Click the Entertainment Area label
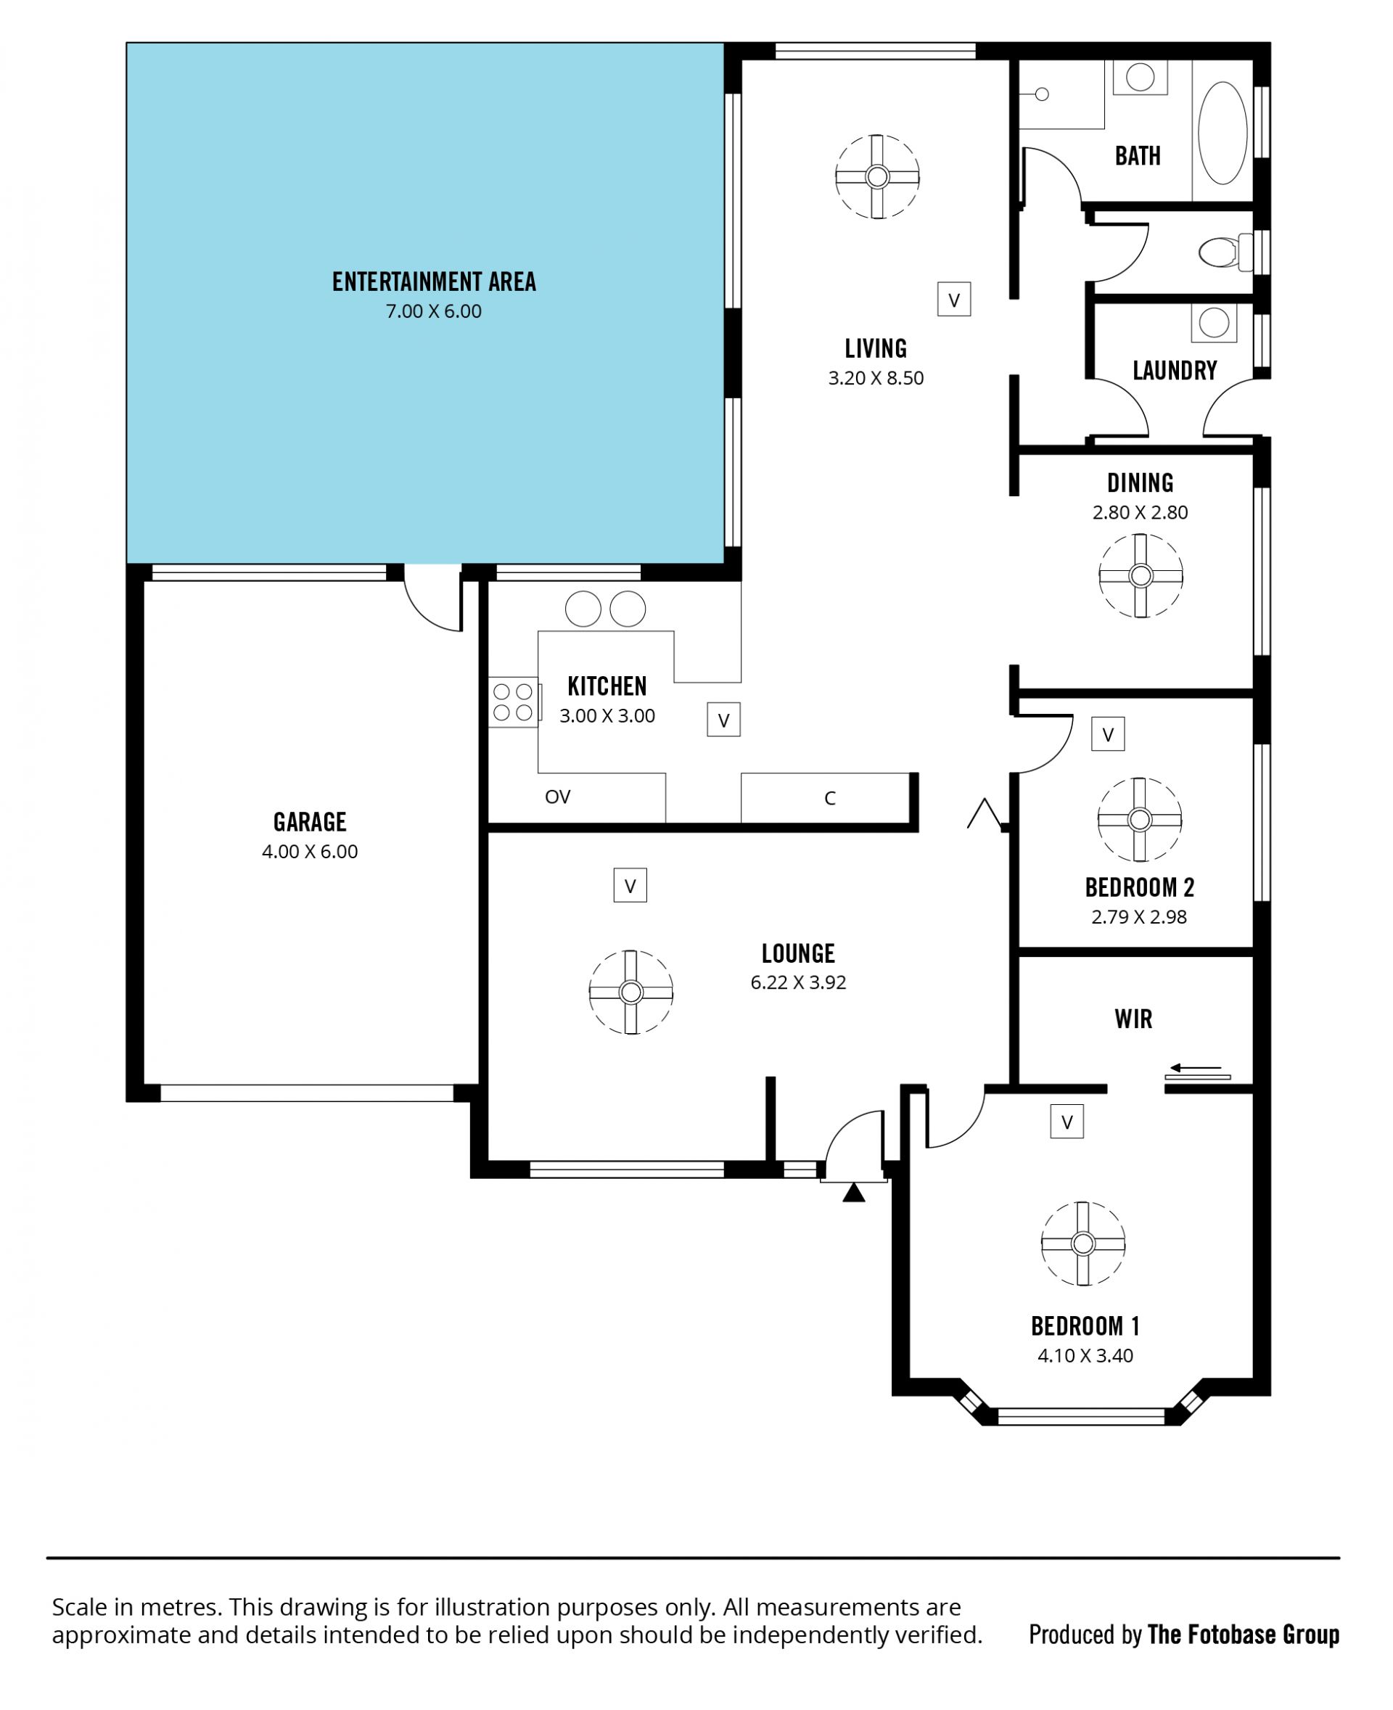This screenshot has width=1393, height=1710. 434,281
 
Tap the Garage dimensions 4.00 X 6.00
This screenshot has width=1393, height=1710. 310,852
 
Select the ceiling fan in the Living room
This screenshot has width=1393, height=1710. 877,176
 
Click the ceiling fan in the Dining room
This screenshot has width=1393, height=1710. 1141,576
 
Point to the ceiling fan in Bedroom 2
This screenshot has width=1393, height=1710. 1140,819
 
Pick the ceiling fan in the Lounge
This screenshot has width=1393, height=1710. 630,992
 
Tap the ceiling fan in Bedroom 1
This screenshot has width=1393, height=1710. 1083,1244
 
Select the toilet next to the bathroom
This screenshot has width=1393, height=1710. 1225,252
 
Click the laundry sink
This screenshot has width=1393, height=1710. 1214,323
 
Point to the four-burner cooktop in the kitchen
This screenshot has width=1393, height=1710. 513,702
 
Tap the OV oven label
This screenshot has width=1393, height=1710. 558,797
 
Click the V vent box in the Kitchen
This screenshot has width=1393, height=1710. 723,720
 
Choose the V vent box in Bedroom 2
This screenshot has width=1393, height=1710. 1108,733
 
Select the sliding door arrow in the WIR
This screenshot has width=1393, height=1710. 1196,1068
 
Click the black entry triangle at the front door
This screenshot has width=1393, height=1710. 854,1193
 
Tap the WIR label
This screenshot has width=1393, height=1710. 1133,1019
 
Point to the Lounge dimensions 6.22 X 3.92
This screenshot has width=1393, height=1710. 798,982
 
